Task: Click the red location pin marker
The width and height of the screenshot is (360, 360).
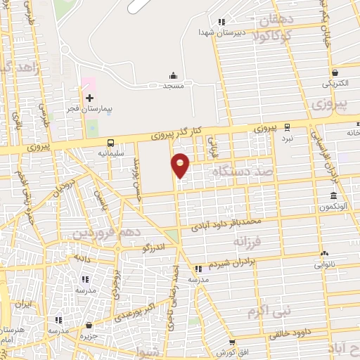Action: [x=181, y=165]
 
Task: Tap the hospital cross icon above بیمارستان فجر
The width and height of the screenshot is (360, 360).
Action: [x=89, y=98]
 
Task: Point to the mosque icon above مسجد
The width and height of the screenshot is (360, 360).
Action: [x=174, y=75]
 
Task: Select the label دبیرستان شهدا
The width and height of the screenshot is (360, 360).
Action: [x=215, y=32]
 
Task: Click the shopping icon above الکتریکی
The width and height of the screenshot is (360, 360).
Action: [x=336, y=72]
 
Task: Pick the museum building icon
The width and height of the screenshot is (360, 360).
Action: [x=333, y=195]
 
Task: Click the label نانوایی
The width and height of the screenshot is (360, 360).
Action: [x=323, y=265]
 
